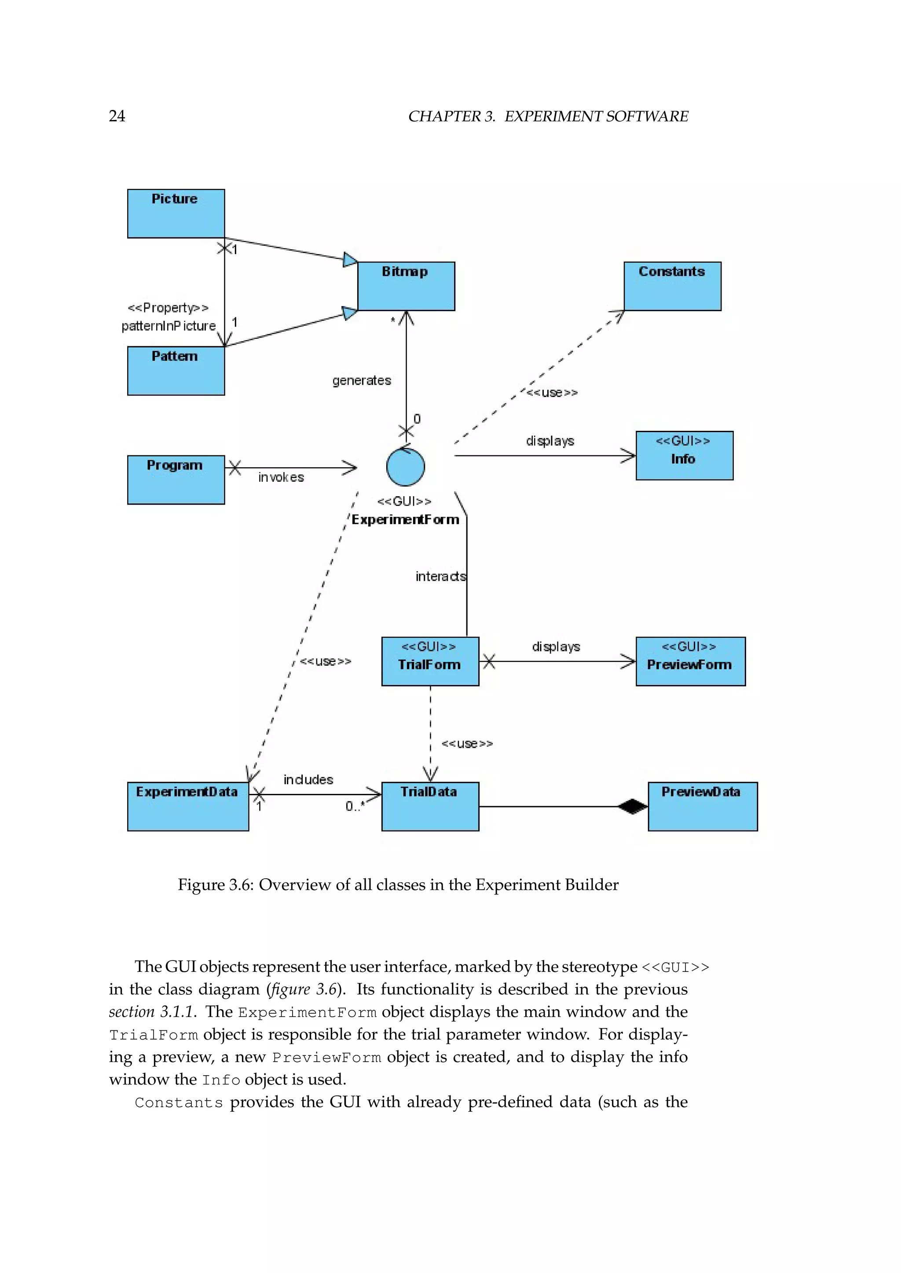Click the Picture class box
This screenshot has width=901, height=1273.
[176, 214]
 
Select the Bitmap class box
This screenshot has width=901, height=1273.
[406, 286]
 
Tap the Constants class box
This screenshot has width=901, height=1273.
[672, 286]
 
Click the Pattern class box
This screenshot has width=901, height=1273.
[176, 371]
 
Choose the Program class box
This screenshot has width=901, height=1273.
[176, 480]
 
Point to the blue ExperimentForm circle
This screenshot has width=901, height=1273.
[406, 467]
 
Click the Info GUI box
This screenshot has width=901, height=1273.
[684, 455]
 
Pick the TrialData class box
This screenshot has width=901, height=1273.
[430, 806]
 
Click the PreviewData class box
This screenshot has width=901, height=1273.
[703, 806]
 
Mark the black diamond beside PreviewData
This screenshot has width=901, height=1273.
[633, 807]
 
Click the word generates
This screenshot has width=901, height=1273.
[362, 380]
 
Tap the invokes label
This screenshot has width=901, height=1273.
[281, 477]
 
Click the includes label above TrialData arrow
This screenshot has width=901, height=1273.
[308, 779]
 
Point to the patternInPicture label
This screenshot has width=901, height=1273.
[168, 326]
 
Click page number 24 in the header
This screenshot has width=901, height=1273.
[117, 116]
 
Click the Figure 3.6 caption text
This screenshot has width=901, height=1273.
[398, 884]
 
